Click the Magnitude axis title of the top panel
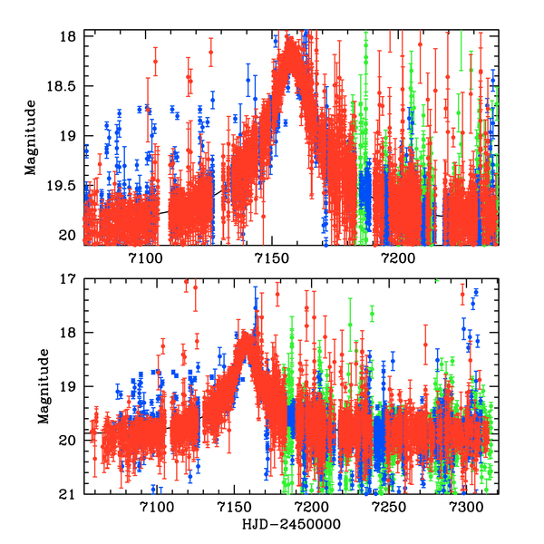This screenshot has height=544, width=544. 30,138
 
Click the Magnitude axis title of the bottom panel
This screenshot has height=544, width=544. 43,387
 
